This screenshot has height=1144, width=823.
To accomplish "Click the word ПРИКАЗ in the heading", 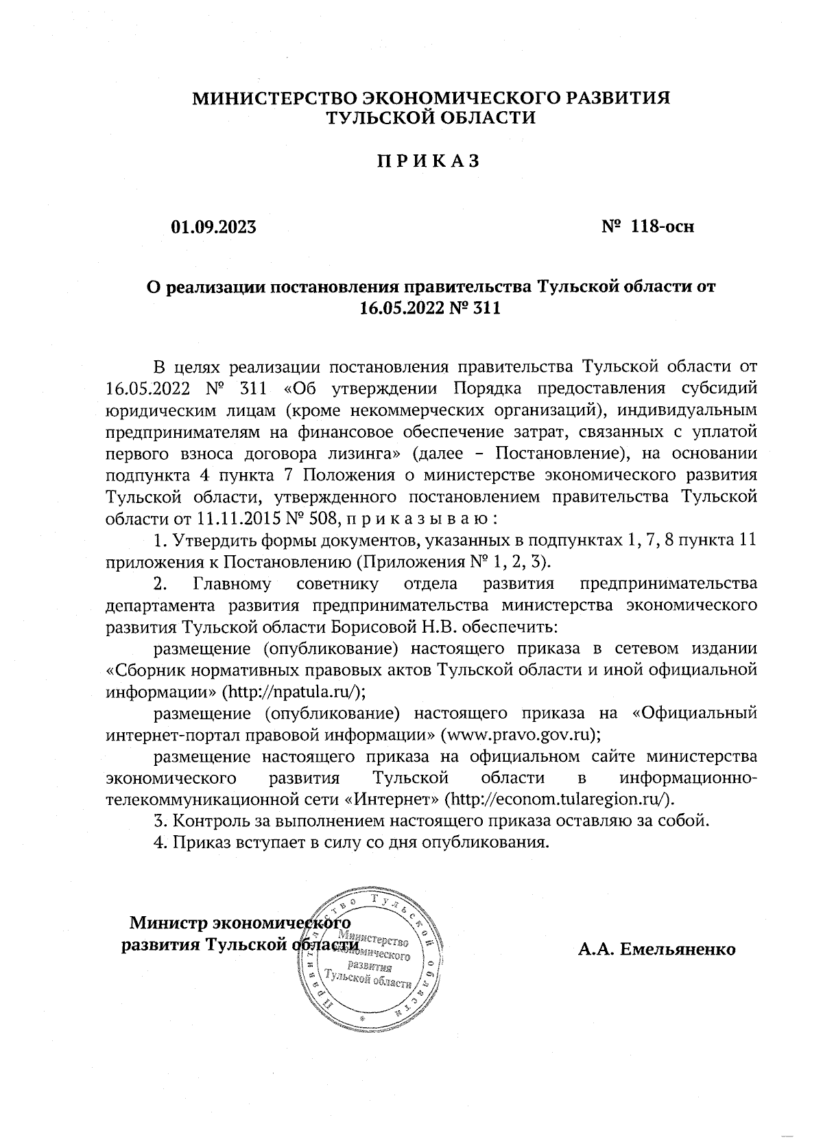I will pos(427,161).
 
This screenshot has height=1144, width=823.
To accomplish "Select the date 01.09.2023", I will pos(213,226).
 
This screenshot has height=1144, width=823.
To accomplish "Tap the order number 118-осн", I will pos(664,226).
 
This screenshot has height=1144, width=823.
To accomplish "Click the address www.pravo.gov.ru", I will pos(520,734).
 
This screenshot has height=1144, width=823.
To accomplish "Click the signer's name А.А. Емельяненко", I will pos(656,950).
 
